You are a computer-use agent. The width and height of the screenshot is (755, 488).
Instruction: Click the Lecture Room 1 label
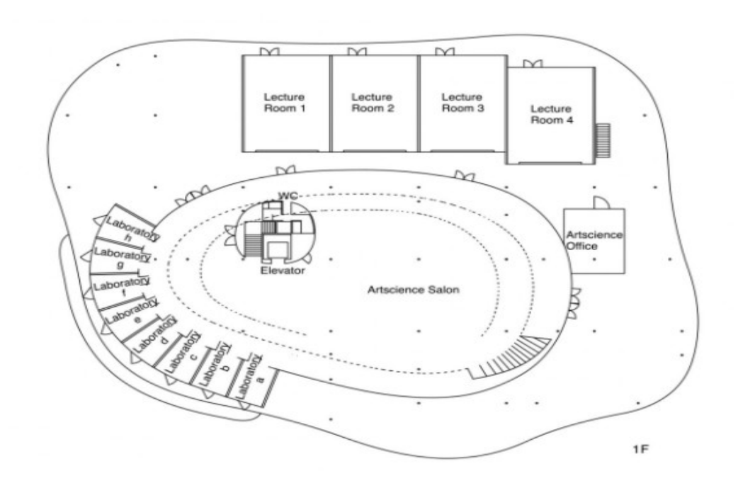pos(285,103)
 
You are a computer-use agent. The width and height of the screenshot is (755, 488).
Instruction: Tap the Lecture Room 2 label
pos(373,103)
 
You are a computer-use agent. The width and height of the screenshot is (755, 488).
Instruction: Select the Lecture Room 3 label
pos(462,103)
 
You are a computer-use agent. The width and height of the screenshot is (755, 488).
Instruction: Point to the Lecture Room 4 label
pos(551,115)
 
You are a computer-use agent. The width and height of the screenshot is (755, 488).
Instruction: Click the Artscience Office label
pos(594,240)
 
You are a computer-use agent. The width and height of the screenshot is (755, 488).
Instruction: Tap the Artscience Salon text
pos(413,290)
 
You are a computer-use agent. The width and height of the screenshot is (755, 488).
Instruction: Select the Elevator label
pos(283,271)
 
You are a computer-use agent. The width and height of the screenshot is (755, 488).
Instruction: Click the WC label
pos(288,195)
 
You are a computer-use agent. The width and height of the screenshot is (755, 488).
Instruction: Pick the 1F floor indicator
pos(641,449)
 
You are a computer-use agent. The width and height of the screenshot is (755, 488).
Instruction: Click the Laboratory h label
pos(132,229)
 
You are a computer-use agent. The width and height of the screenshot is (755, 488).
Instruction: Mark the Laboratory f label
pos(122,286)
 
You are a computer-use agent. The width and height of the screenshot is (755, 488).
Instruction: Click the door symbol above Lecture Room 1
pos(269,51)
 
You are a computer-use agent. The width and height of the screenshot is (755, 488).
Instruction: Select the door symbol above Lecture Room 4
pos(533,64)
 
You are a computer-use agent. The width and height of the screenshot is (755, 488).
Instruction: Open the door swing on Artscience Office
pos(602,203)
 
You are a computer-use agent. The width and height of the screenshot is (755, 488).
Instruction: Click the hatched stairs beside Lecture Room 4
pos(603,140)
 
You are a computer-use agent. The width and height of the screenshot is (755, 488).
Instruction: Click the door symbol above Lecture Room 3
pos(444,51)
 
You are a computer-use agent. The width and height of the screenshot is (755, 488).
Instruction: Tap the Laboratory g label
pos(122,257)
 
